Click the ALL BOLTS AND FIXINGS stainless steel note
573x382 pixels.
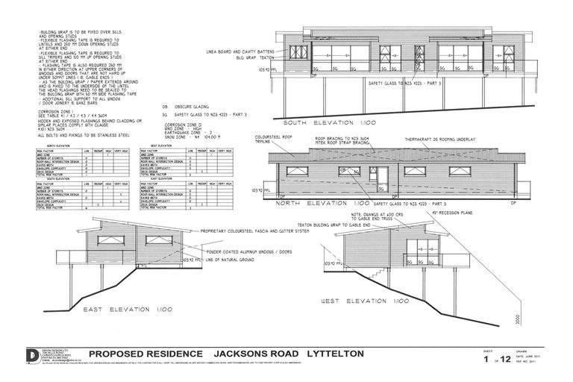tap(83, 136)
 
